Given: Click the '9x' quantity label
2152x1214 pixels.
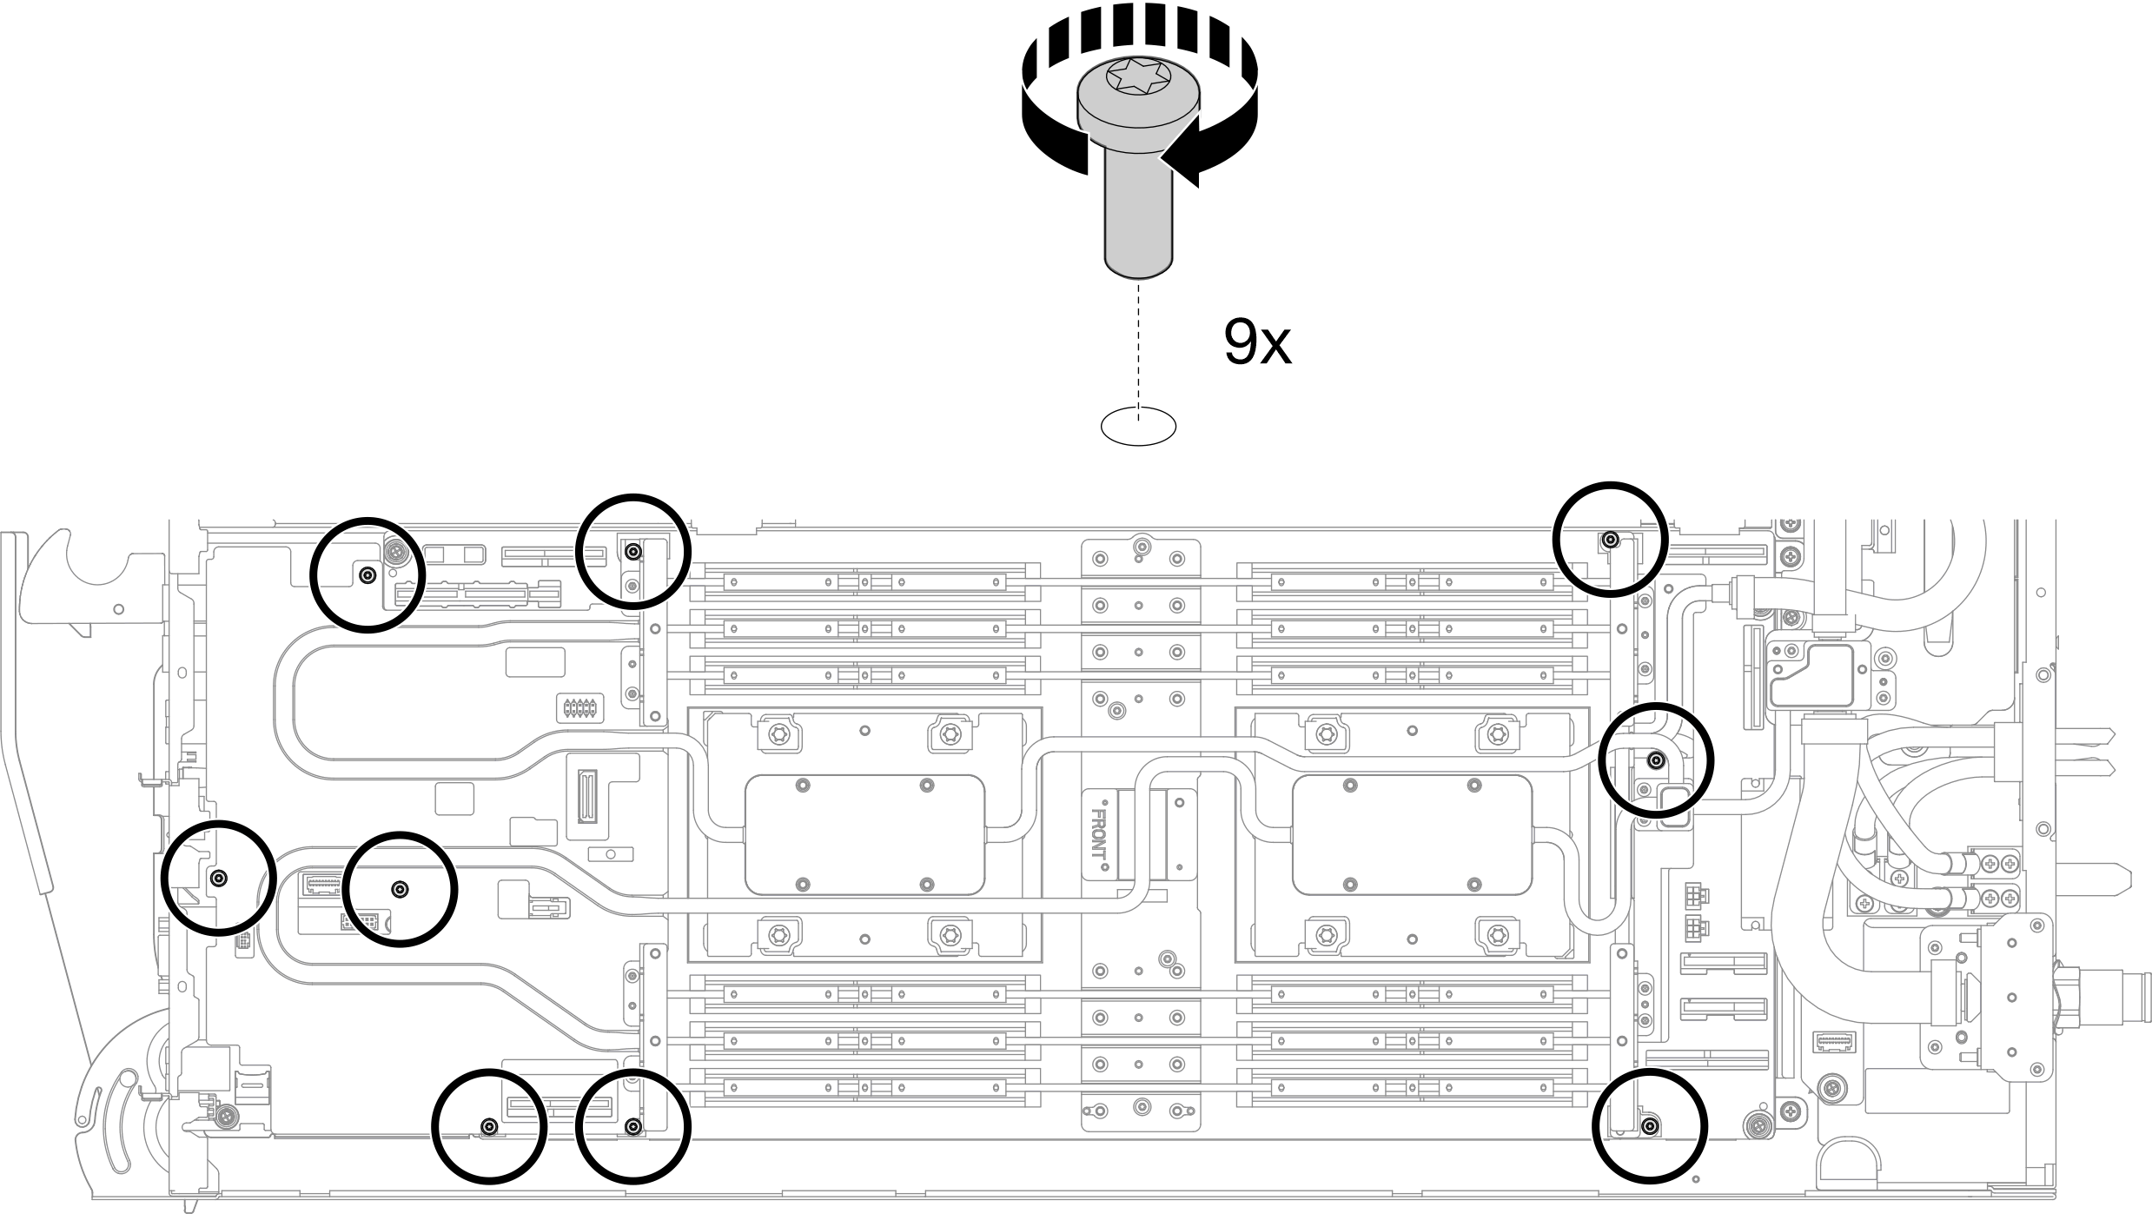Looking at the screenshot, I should pos(1257,343).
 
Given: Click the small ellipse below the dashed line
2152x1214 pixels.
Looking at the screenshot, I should pos(1138,427).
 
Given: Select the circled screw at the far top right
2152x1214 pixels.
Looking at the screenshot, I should pos(1610,540).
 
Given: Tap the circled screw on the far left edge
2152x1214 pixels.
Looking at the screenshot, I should pos(220,878).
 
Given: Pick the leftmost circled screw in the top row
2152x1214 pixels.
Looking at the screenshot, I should pos(367,574).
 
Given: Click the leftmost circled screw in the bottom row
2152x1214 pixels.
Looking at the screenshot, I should pos(489,1127).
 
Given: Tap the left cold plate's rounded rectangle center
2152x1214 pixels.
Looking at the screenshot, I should pos(864,834).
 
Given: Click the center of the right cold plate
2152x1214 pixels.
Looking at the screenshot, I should pos(1412,834).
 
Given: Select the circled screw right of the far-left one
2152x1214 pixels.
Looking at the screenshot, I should pos(400,888).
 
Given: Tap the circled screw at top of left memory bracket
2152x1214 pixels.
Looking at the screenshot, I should pos(634,551).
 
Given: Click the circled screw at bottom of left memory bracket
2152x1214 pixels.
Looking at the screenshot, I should pos(634,1127).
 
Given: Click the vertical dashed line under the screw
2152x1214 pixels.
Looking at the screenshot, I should pos(1138,348).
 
